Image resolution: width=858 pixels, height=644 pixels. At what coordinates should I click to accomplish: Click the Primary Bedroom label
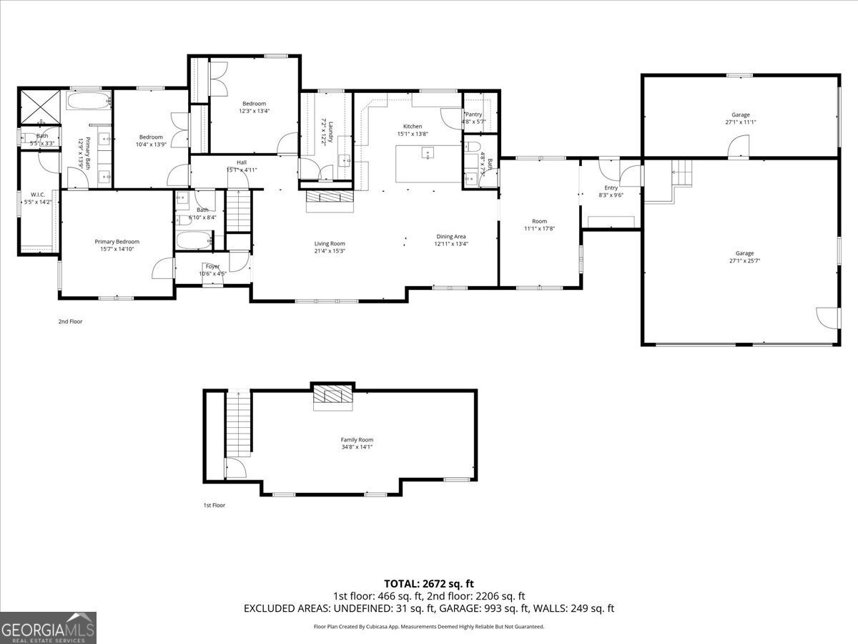(x=117, y=242)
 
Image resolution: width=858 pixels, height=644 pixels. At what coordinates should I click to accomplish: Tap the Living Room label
(x=330, y=243)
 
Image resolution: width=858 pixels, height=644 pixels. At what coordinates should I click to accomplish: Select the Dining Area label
(x=451, y=236)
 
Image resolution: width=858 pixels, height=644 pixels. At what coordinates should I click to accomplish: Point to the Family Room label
(x=356, y=440)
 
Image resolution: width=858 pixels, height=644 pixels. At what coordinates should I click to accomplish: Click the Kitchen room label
(x=413, y=127)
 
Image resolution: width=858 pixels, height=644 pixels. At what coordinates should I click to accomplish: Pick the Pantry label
(x=473, y=114)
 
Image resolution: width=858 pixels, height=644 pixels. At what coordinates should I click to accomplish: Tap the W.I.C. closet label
(x=38, y=195)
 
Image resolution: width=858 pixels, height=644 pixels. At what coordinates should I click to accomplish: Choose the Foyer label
(x=212, y=266)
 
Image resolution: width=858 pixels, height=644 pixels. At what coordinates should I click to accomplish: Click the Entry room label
(x=611, y=187)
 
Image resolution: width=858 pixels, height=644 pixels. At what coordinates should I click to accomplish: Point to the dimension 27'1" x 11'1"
(x=740, y=122)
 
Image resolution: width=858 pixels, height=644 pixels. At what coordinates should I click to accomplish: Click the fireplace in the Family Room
(x=332, y=397)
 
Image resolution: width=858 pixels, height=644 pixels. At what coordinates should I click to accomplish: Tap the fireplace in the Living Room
(x=330, y=197)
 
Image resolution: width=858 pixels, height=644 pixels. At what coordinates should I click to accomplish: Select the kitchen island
(x=427, y=162)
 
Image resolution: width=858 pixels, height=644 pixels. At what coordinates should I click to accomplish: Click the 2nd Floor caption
(x=70, y=322)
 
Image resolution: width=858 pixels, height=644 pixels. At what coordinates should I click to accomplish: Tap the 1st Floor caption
(x=214, y=505)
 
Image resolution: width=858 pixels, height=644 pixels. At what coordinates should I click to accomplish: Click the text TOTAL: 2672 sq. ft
(x=428, y=583)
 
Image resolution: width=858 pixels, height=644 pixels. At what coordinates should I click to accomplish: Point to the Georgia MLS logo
(x=48, y=628)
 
